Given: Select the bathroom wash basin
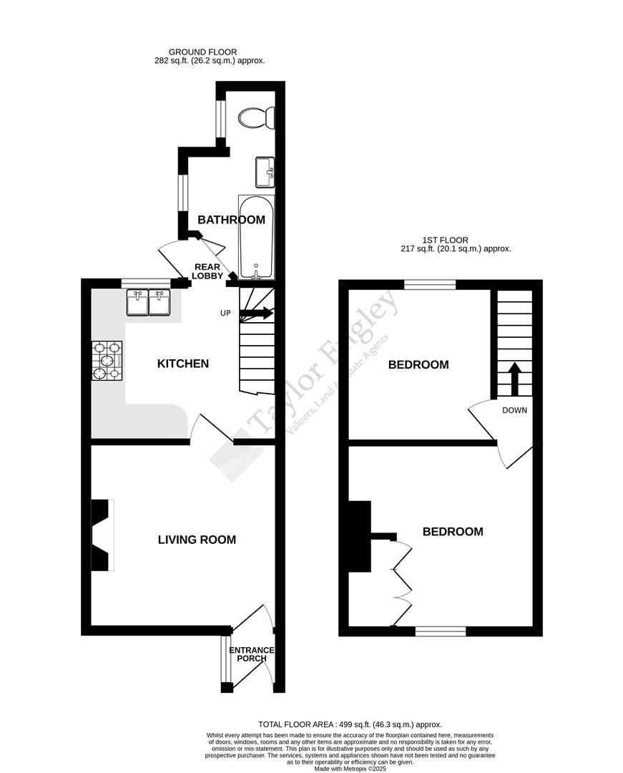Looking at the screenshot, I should click(x=265, y=171).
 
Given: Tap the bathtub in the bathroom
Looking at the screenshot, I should click(x=255, y=236).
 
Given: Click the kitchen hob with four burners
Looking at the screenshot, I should click(x=107, y=359).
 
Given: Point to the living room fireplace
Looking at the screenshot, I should click(x=102, y=535).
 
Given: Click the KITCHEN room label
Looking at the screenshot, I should click(x=183, y=364).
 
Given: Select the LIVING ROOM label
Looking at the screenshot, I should click(x=197, y=540).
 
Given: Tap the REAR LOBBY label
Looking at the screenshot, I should click(x=209, y=271).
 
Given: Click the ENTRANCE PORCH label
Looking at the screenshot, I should click(x=251, y=654).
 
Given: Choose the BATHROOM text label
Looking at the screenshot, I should click(x=227, y=219).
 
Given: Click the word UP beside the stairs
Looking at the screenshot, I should click(x=225, y=313).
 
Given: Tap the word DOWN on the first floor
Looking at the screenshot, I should click(x=515, y=410).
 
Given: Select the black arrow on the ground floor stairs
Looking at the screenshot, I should click(x=258, y=313).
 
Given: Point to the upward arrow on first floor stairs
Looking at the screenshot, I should click(x=514, y=378).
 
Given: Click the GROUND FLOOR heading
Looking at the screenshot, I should click(x=202, y=52).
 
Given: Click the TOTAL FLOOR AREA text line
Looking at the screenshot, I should click(x=350, y=724).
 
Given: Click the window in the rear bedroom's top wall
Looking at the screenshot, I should click(x=430, y=285).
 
